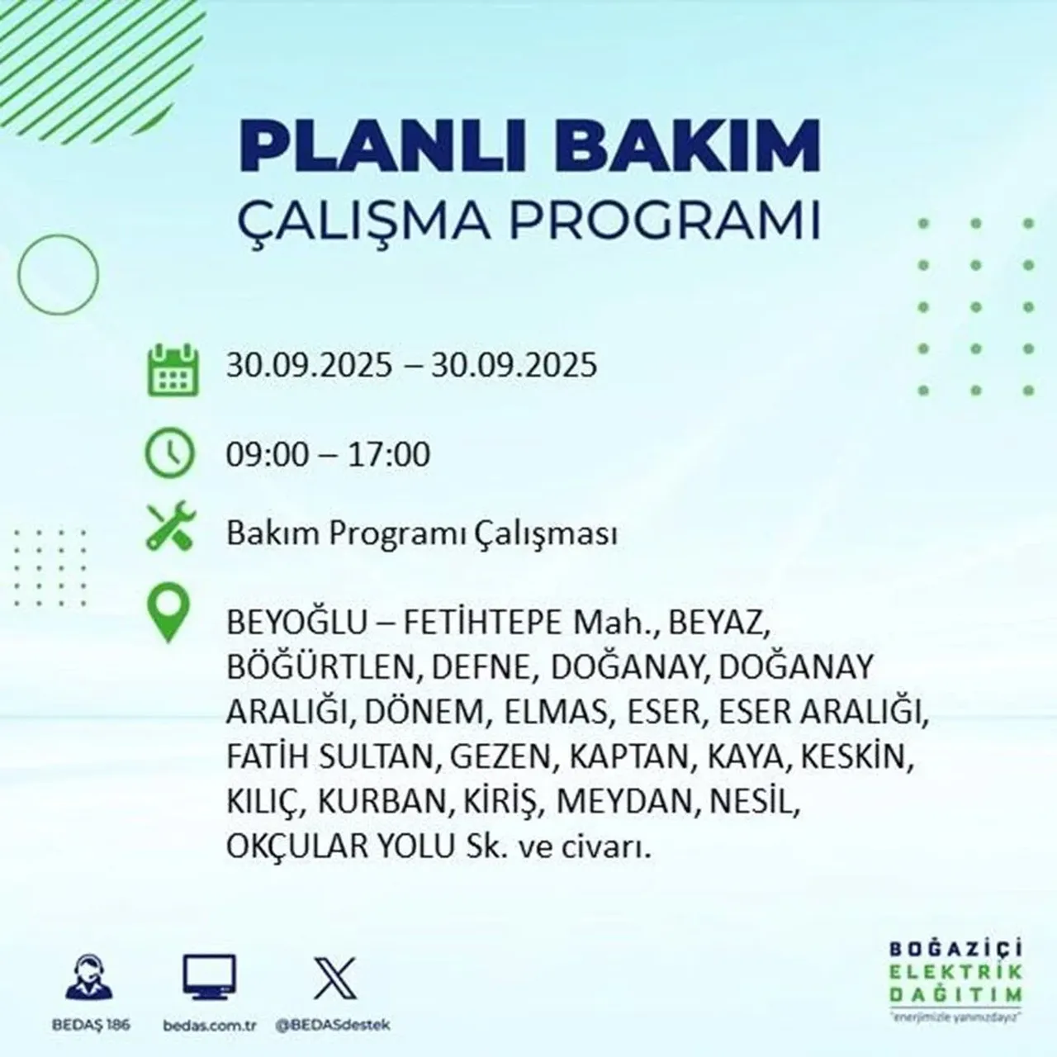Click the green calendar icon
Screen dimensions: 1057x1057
[172, 368]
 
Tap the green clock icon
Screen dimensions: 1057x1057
[170, 453]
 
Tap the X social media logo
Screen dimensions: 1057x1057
[334, 978]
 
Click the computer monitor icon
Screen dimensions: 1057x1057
[209, 979]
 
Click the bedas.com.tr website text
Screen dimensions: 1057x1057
[207, 1025]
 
